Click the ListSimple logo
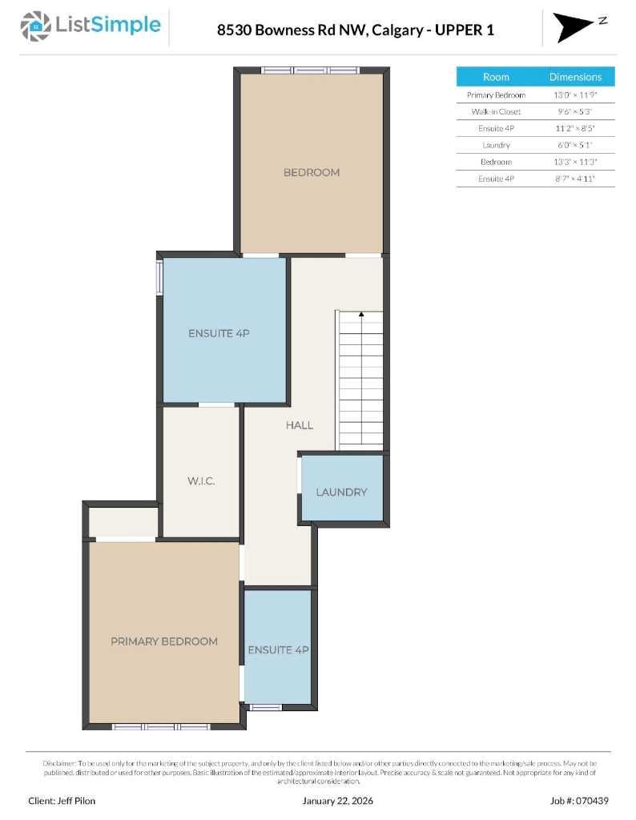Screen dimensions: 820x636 tap(91, 26)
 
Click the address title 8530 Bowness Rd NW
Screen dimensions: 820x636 tap(355, 30)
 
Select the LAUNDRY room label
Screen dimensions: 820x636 tap(341, 492)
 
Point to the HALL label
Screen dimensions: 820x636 tap(300, 425)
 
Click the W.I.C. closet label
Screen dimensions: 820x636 tap(200, 481)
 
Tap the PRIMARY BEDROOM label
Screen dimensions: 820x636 tap(164, 641)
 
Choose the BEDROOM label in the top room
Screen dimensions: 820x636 tap(312, 172)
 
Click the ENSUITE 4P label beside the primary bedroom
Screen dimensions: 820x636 tap(278, 649)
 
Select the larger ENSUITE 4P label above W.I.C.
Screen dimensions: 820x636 tap(219, 333)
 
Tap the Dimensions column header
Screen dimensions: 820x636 tap(575, 77)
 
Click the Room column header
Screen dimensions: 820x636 tap(496, 77)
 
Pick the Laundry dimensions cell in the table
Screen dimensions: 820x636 tap(575, 145)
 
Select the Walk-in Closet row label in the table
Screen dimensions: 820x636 tap(496, 111)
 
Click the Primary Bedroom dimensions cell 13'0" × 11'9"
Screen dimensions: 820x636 tap(575, 94)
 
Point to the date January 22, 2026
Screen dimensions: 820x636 tap(337, 800)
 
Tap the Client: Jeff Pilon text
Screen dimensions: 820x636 tap(61, 800)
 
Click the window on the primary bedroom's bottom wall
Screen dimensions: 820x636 tap(160, 727)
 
